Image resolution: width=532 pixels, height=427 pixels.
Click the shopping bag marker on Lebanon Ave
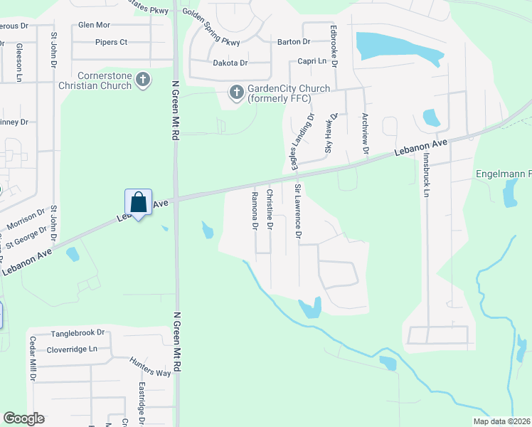coord(139,202)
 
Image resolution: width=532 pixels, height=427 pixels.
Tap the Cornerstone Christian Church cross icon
coord(143,80)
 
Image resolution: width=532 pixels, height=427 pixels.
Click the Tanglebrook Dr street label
coord(78,333)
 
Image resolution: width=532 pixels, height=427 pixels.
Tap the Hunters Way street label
coord(150,367)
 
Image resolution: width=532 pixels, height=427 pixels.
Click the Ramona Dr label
coord(254,211)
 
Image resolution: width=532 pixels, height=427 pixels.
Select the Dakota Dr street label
coord(229,63)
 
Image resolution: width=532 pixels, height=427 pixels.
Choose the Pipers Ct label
coord(112,42)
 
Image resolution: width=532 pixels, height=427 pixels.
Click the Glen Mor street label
coord(95,25)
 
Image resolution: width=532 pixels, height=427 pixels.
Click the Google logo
coord(23,418)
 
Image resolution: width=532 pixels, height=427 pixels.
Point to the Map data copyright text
coord(501,421)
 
